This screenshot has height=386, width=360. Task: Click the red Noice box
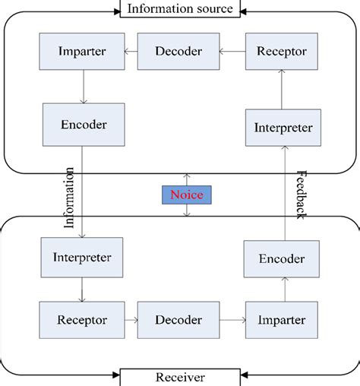click(186, 195)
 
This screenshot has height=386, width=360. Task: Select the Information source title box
click(181, 9)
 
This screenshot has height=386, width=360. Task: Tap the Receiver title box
click(180, 377)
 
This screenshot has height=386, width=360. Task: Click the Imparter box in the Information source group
click(82, 52)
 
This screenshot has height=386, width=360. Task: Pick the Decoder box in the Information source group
click(178, 52)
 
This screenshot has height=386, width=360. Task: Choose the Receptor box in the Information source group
click(281, 52)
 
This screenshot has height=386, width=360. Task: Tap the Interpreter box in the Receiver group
click(81, 257)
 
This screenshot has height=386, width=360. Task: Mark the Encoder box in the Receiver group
click(282, 258)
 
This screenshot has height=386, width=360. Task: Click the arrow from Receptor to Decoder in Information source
click(232, 52)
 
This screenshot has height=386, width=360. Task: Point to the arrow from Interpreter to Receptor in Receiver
click(81, 288)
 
